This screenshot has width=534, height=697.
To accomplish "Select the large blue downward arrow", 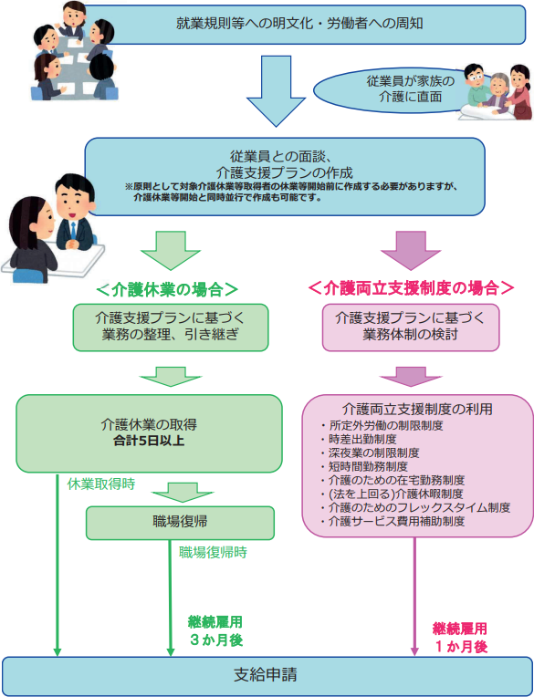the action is tap(276, 91).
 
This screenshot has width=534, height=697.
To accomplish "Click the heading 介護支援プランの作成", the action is tap(285, 172).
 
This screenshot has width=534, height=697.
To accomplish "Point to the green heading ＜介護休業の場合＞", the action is tap(167, 290).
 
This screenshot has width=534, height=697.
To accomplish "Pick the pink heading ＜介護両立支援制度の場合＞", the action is tap(411, 289).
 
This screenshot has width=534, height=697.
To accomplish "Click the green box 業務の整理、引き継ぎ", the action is tap(171, 328).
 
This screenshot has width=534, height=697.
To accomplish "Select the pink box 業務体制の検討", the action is tap(411, 328).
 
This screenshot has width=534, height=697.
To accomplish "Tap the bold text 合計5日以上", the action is tap(149, 442).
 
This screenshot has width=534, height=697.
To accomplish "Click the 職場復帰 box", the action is tap(180, 523).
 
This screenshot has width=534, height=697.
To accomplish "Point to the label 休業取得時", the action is tap(101, 484).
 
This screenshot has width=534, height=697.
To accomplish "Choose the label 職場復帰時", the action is tap(213, 553).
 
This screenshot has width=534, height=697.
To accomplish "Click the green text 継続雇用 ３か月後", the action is tap(215, 630).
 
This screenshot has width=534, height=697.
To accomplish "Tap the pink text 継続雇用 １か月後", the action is tap(460, 637).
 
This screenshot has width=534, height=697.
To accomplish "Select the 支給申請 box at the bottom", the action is tap(266, 675).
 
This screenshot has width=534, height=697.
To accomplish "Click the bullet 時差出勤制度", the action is tap(359, 440).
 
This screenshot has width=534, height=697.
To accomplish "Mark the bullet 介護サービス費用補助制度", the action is tap(393, 522).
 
